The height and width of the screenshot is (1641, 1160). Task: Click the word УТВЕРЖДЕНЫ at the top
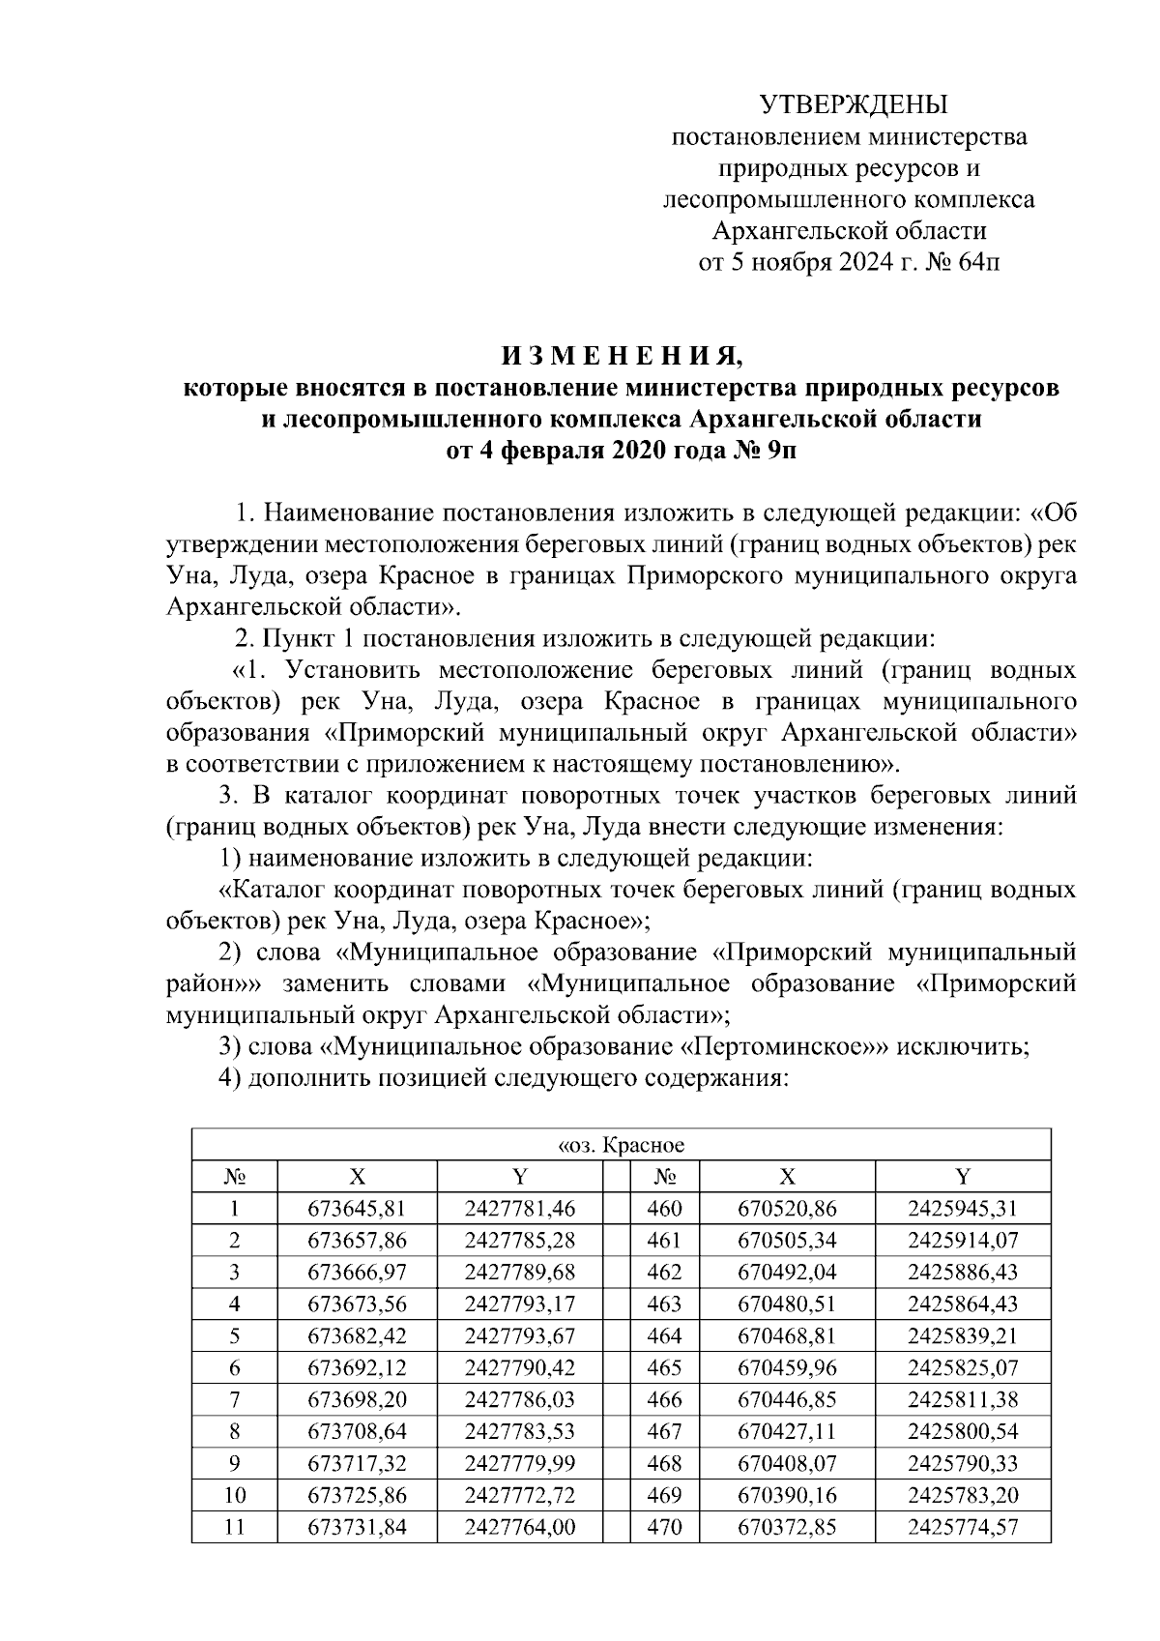[854, 104]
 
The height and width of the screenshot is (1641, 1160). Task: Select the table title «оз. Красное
[622, 1146]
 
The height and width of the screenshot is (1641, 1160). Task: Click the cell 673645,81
[357, 1208]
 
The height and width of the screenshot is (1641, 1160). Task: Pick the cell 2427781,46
[520, 1208]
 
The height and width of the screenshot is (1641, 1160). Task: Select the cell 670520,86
[787, 1208]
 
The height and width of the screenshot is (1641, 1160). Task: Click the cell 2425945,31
[963, 1208]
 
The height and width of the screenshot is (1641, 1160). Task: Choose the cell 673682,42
[357, 1335]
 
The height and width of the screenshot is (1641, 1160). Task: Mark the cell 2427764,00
[520, 1527]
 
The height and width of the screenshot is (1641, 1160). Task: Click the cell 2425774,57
[963, 1527]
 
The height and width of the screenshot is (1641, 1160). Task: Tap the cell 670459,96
[787, 1367]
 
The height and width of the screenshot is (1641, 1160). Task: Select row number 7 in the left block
[234, 1399]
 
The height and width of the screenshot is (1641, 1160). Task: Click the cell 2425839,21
[963, 1335]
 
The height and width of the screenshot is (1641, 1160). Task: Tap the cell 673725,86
[357, 1495]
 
